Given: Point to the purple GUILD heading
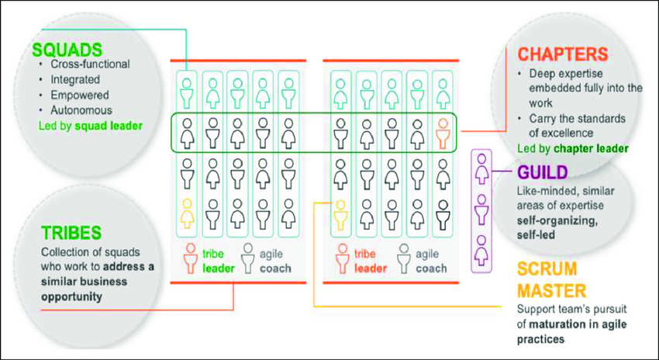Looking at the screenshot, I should tap(542, 171).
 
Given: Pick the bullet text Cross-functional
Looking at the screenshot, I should tap(90, 65).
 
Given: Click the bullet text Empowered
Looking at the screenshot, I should tap(79, 95).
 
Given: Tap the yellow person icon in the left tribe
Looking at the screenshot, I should tap(187, 211).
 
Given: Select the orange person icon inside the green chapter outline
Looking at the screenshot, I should tap(442, 133).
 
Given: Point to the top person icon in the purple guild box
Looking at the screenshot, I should tap(482, 164).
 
